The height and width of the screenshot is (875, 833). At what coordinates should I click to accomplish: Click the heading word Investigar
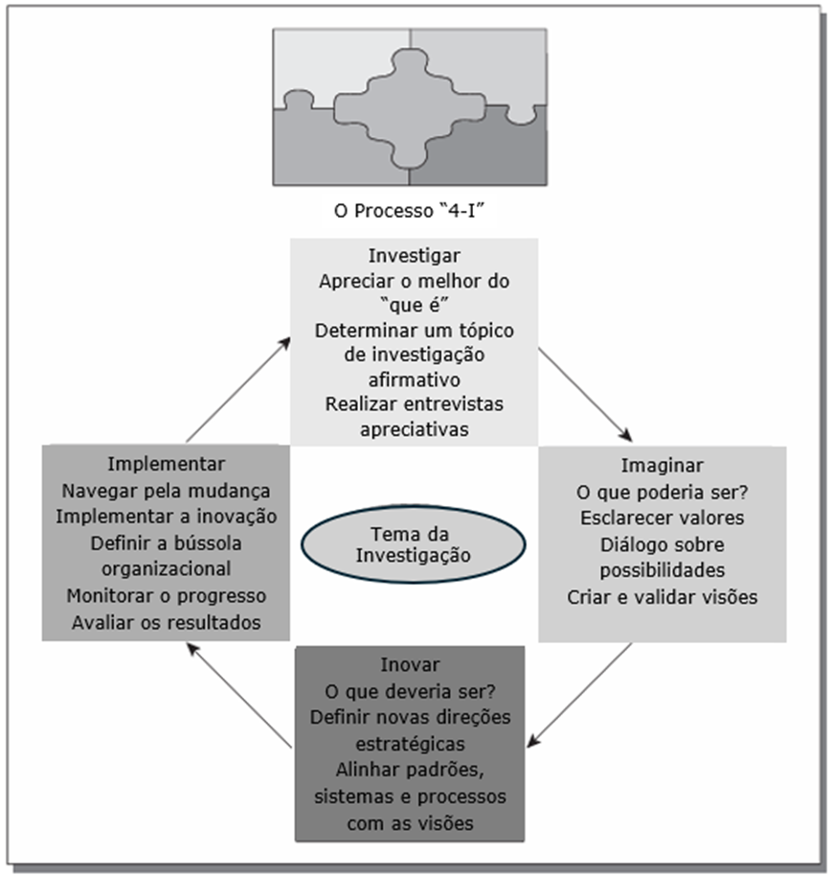(x=414, y=256)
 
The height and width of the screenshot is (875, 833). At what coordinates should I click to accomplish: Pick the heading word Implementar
(x=167, y=464)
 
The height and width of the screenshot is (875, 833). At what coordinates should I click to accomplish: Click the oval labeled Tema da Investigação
(x=413, y=544)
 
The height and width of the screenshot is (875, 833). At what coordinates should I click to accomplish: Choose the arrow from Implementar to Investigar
(x=238, y=387)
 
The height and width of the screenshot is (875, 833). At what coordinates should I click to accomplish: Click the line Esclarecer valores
(x=663, y=518)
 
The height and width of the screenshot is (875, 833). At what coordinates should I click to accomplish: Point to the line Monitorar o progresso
(x=167, y=596)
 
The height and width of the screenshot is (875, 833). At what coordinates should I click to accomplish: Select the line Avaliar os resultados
(x=167, y=623)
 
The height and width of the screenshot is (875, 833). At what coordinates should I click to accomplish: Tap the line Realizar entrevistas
(x=414, y=403)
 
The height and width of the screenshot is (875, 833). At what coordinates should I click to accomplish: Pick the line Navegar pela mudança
(x=167, y=491)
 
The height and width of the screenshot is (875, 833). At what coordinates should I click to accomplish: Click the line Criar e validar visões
(x=663, y=597)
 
